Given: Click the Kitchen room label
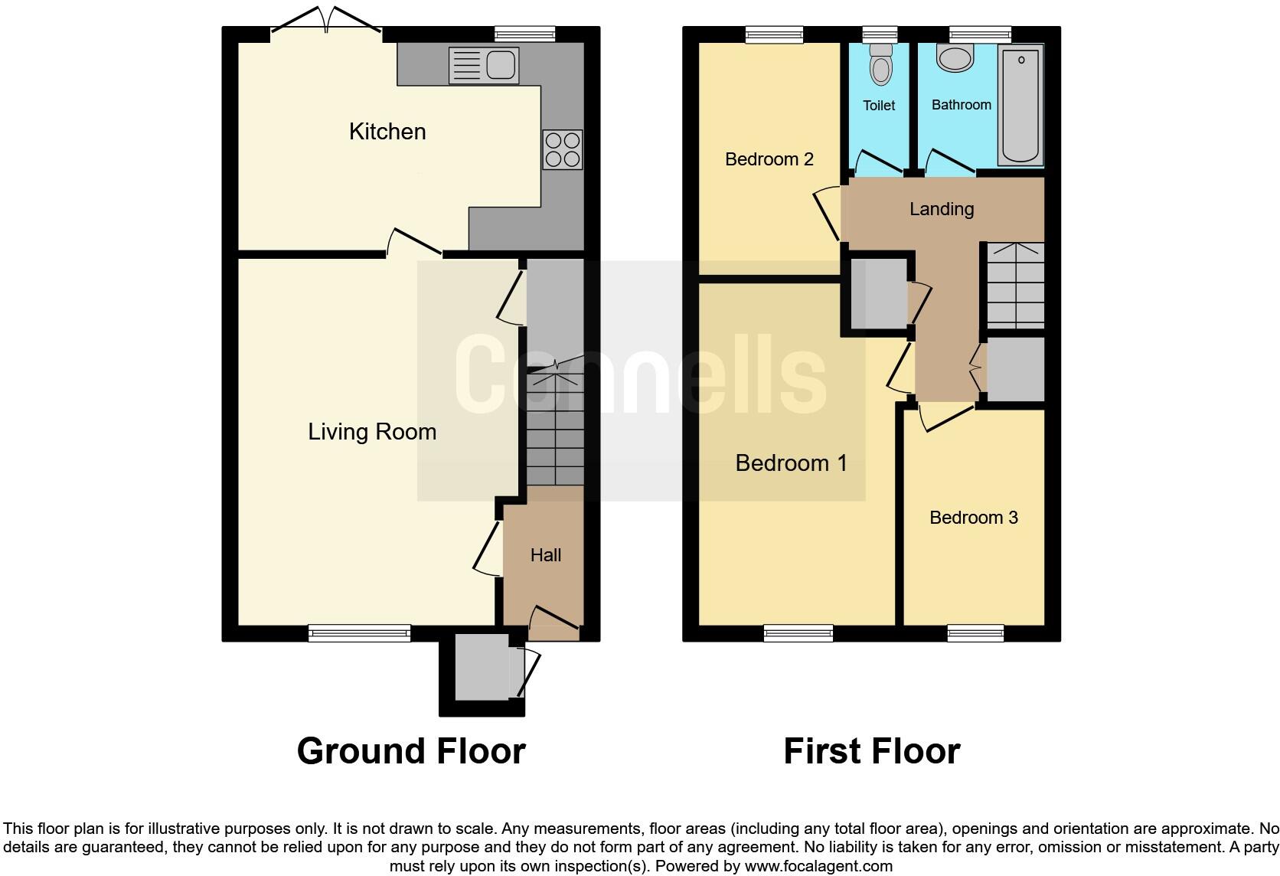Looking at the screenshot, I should (x=387, y=132).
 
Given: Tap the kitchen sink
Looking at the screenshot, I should (x=484, y=64).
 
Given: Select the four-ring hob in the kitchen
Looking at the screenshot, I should (x=562, y=150).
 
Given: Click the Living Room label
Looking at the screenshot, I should (x=372, y=432).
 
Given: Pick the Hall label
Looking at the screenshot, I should (x=546, y=555).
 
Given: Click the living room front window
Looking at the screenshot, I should (x=359, y=632).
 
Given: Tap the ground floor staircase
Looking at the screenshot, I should (x=555, y=429).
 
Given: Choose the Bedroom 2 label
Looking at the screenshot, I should (x=769, y=159).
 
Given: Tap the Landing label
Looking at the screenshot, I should (x=941, y=209).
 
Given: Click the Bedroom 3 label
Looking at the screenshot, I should (x=973, y=518).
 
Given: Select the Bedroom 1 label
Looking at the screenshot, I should (x=791, y=463).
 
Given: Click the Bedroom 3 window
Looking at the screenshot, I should (x=975, y=632).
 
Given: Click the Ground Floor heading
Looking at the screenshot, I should (x=411, y=751).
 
